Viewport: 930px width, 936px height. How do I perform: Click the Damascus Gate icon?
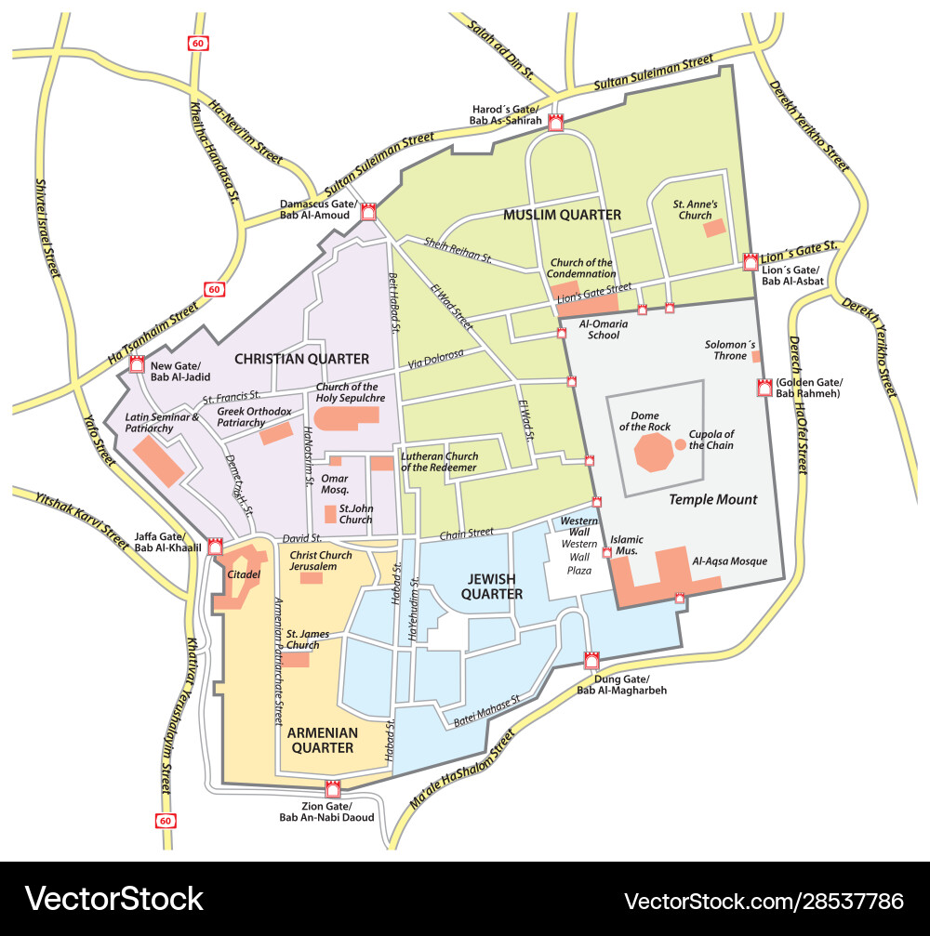coord(368,212)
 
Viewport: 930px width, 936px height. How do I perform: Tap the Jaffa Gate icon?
coord(216,547)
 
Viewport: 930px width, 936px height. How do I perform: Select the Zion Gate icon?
coord(332,789)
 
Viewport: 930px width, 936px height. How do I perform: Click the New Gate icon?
coord(138,365)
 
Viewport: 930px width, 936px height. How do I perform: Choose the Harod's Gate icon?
coord(556,124)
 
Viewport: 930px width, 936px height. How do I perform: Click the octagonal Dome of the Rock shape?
coord(654,453)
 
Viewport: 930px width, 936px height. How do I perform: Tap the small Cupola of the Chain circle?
coord(681,444)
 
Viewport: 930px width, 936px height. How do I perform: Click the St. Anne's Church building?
coord(714,228)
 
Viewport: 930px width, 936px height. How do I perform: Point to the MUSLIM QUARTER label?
coord(562,215)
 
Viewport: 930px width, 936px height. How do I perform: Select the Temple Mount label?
coord(713,499)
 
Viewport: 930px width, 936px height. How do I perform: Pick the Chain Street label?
coord(466,533)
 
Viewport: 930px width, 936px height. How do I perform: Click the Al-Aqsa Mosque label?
coord(730,561)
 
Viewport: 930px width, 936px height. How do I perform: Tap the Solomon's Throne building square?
coord(756,356)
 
